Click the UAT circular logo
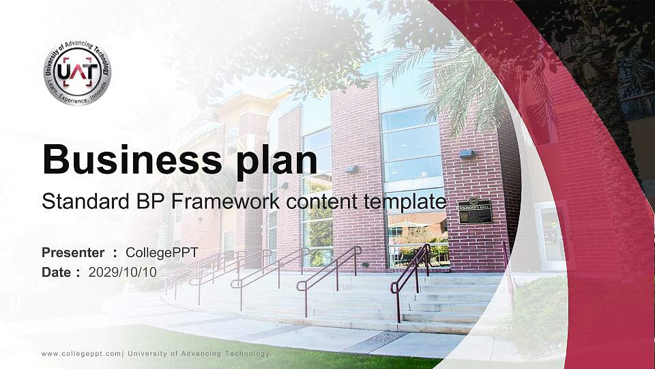(77, 72)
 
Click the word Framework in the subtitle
(224, 202)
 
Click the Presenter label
(73, 253)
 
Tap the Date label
(57, 272)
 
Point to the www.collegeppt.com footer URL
(81, 353)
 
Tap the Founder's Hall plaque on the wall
(475, 210)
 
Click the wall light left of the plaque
(466, 154)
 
